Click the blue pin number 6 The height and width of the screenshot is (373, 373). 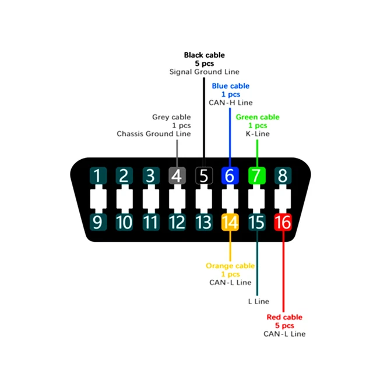click(230, 175)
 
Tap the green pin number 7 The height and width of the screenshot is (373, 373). click(256, 175)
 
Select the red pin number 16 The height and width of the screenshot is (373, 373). click(283, 222)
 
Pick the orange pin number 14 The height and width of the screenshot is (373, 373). click(230, 222)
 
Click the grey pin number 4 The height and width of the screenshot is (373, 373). click(177, 175)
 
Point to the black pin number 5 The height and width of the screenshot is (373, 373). click(203, 175)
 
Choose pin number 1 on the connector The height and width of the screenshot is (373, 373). click(97, 175)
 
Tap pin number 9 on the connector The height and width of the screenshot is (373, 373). click(97, 222)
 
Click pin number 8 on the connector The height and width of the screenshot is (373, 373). click(283, 175)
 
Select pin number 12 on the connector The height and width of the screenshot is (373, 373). click(177, 222)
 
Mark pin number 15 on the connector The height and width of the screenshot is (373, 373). click(256, 222)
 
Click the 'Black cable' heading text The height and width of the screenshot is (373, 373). click(204, 55)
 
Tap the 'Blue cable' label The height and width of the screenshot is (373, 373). click(230, 86)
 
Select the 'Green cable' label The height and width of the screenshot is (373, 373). click(257, 117)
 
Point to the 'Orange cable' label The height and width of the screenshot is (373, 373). click(230, 266)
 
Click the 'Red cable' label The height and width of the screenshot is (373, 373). click(284, 317)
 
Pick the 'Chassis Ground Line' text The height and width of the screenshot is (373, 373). click(153, 133)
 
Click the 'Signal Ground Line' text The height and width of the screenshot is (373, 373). click(203, 72)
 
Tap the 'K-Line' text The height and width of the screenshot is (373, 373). click(257, 133)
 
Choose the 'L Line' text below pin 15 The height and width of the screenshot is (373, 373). click(258, 301)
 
